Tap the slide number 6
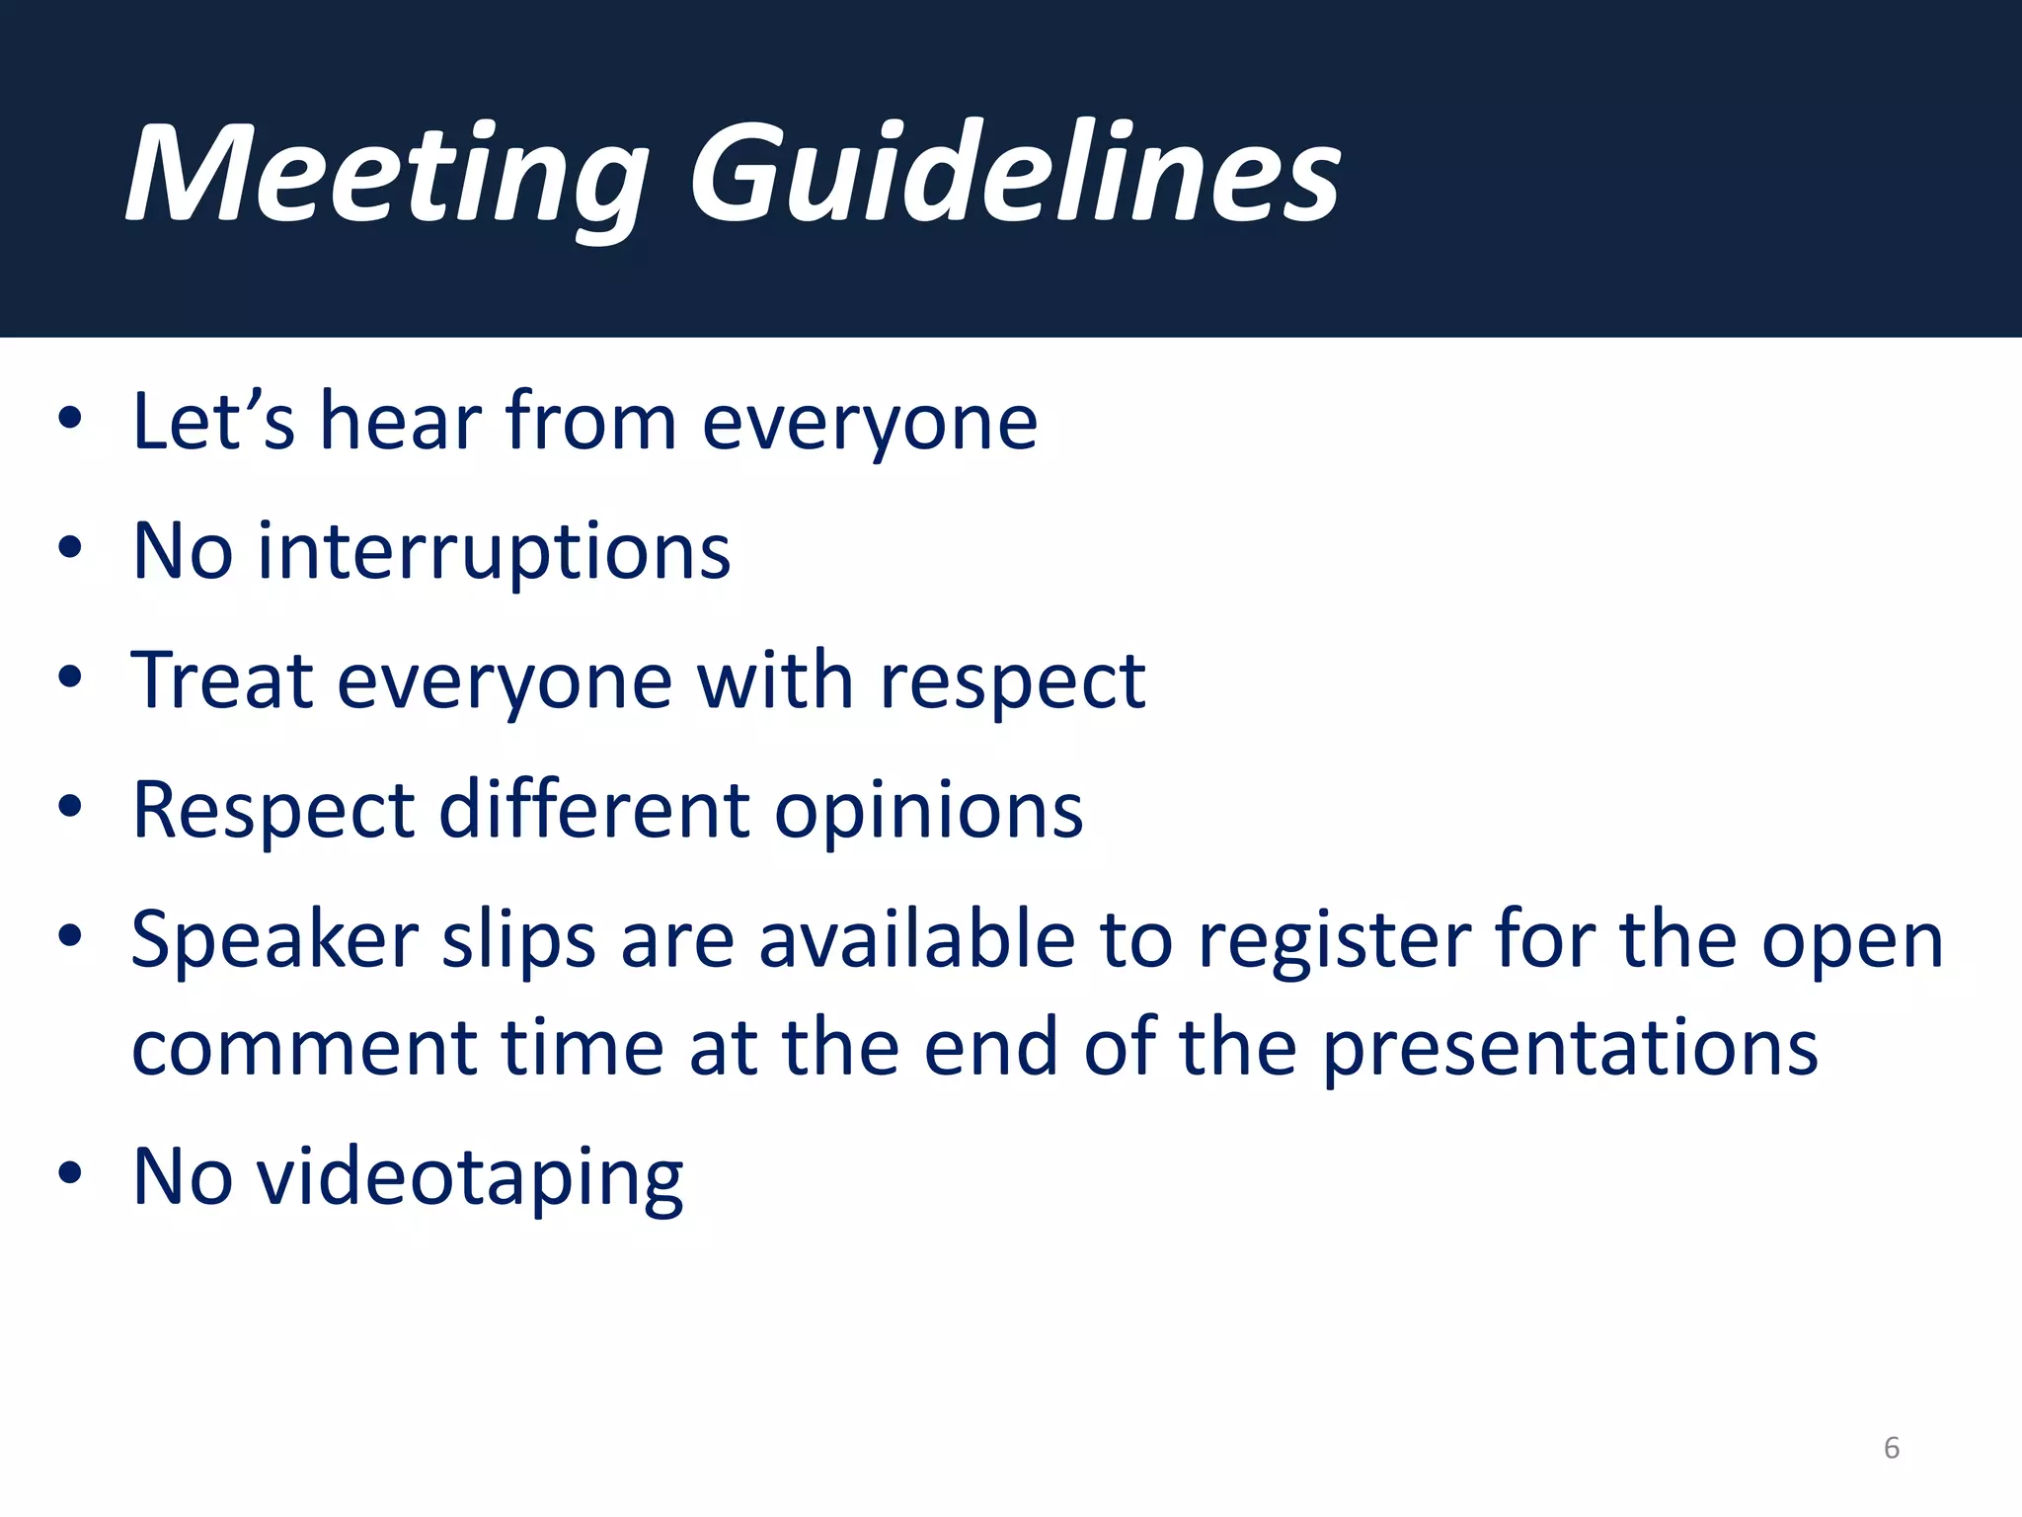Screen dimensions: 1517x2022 (1891, 1448)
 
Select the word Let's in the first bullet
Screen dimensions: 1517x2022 (212, 422)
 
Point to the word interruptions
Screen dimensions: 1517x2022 (494, 553)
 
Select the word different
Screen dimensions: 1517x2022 (593, 810)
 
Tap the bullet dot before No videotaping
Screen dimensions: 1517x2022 (69, 1172)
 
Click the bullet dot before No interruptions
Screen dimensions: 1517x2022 (69, 546)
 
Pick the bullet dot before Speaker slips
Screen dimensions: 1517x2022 (69, 934)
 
